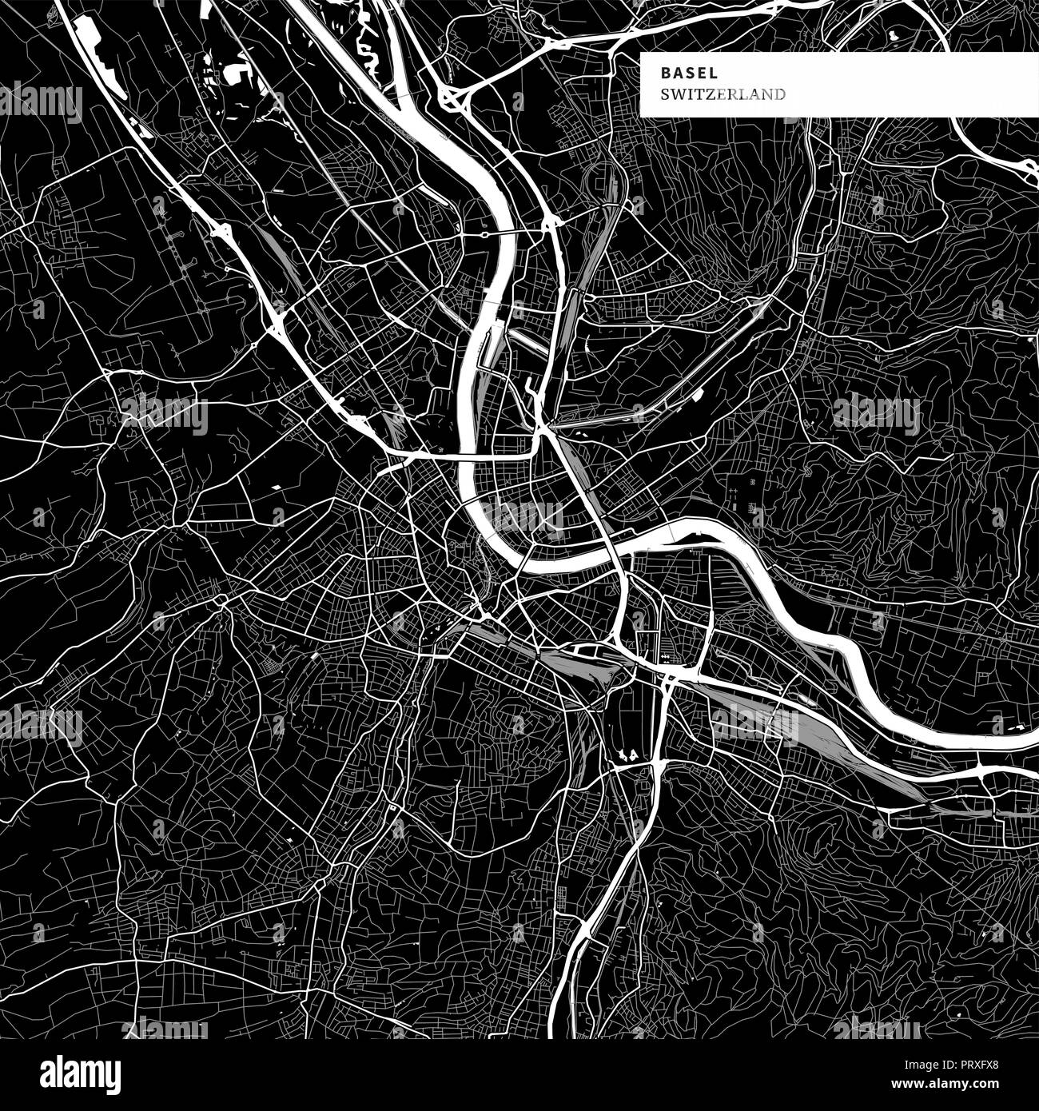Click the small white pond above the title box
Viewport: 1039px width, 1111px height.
tap(891, 36)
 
